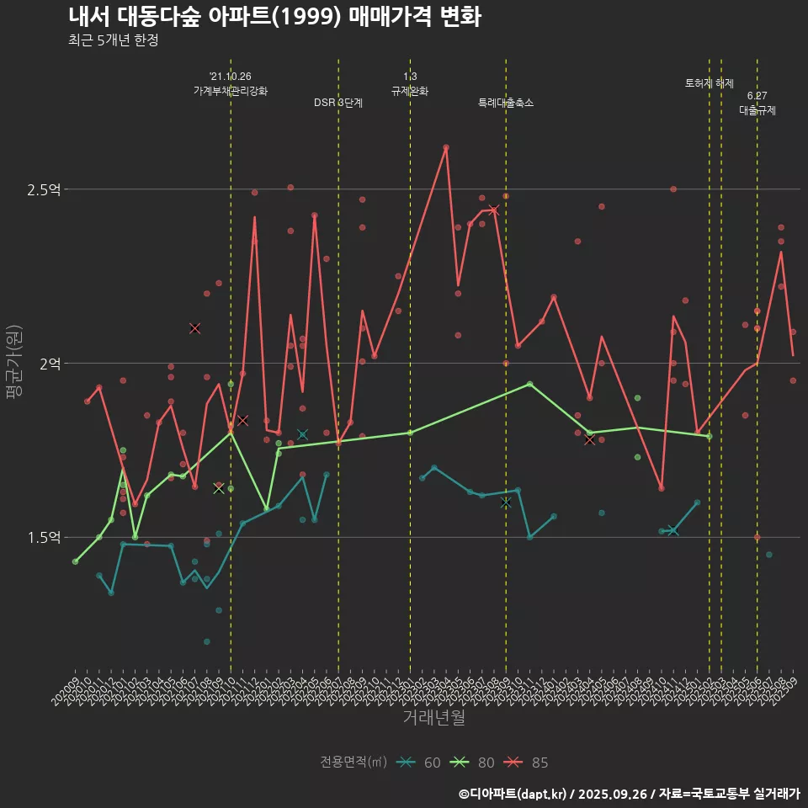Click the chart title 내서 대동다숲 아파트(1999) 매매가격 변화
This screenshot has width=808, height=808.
tap(274, 17)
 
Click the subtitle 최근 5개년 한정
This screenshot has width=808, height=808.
tap(113, 40)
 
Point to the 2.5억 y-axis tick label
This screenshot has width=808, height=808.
tap(44, 190)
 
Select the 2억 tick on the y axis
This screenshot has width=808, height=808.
tap(49, 364)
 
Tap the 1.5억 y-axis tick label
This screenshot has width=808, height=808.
tap(44, 538)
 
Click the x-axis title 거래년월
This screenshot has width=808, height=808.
tap(433, 718)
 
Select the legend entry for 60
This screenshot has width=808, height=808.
tap(421, 763)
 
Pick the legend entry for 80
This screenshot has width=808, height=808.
tap(475, 763)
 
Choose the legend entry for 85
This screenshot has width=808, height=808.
tap(529, 763)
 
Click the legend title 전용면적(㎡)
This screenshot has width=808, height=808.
tap(353, 763)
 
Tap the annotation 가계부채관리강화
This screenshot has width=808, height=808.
tap(231, 91)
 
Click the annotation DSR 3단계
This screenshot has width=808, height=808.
tap(338, 103)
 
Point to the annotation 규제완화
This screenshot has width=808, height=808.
tap(410, 91)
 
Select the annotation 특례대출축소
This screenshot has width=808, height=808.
tap(506, 103)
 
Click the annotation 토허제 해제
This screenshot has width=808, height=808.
tap(710, 83)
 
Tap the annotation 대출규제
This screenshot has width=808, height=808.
tap(757, 110)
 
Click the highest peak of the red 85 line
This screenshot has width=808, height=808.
tap(446, 147)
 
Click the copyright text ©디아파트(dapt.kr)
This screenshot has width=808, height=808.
tap(514, 793)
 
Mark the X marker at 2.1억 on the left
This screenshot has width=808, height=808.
tap(194, 328)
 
